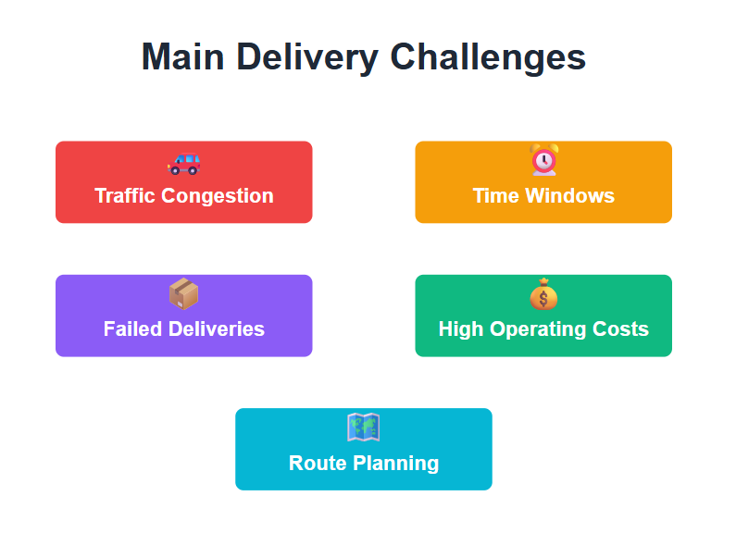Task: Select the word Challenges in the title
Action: point(488,57)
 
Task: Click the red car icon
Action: point(183,162)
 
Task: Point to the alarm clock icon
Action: point(543,160)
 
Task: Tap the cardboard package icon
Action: point(183,294)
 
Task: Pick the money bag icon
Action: point(543,294)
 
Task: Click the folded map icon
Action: point(363,428)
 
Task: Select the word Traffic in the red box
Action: point(125,196)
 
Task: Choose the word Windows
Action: point(568,196)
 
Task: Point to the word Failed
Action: point(131,329)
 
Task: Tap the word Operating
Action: point(540,329)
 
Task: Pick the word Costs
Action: point(623,329)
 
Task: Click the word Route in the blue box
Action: point(316,463)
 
